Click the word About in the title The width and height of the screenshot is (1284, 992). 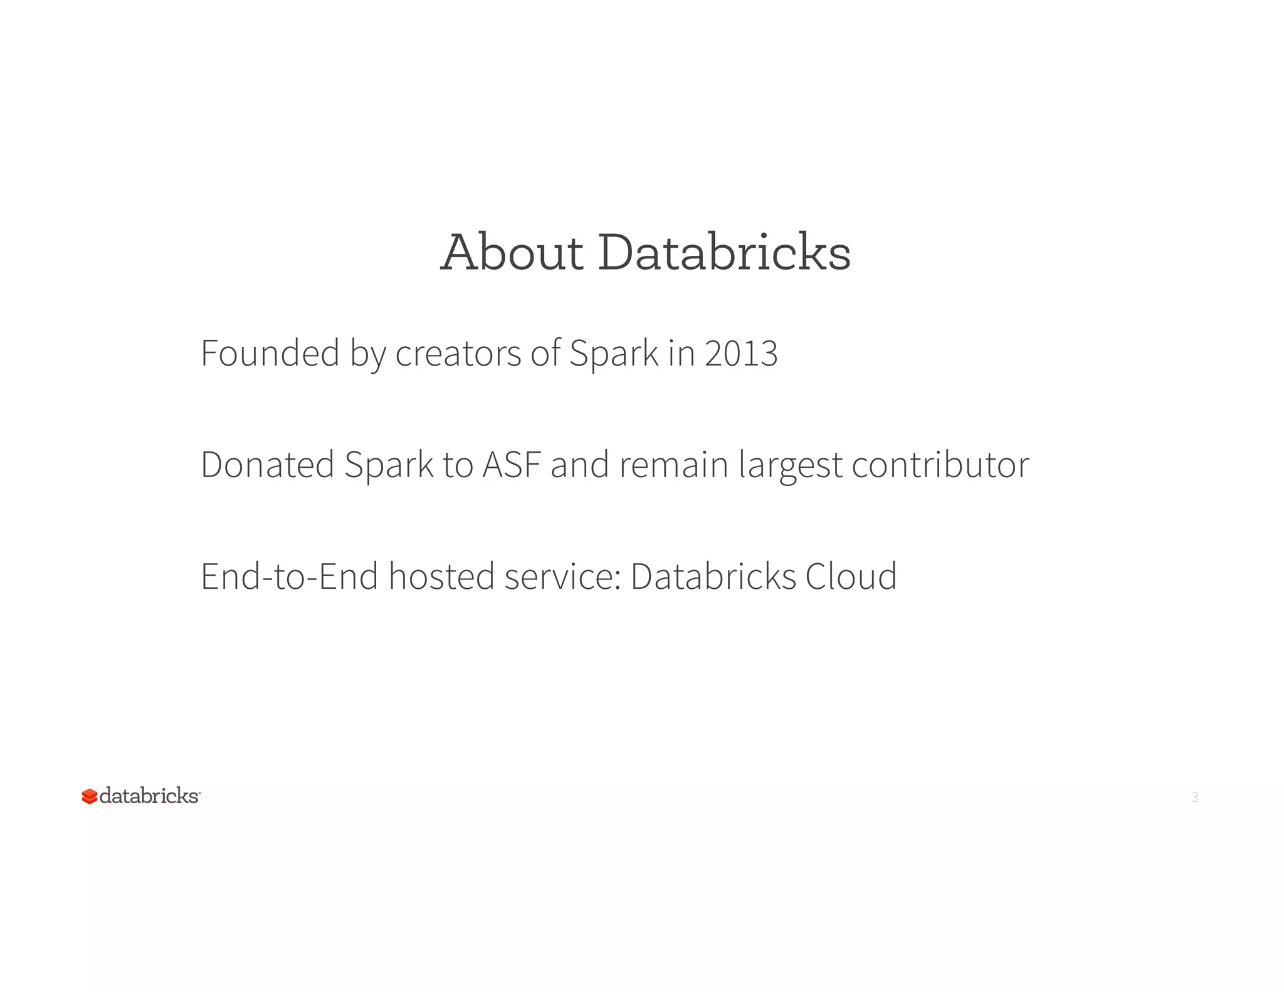coord(512,252)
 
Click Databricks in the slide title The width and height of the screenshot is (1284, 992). coord(724,252)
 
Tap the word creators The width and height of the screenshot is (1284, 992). coord(458,353)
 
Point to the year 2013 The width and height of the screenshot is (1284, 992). coord(741,353)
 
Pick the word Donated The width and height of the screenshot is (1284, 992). coord(268,465)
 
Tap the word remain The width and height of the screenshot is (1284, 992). coord(673,465)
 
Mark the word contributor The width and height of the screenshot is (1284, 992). coord(940,465)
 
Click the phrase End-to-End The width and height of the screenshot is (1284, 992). coord(289,576)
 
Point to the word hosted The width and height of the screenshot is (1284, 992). coord(441,576)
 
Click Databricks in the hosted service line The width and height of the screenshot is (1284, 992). coord(713,576)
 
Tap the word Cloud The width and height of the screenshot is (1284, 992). coord(851,576)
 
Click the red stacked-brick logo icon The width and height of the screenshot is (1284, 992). coord(89,796)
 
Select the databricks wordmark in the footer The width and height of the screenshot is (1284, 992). coord(149,796)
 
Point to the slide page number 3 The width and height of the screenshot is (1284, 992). coord(1194,798)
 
